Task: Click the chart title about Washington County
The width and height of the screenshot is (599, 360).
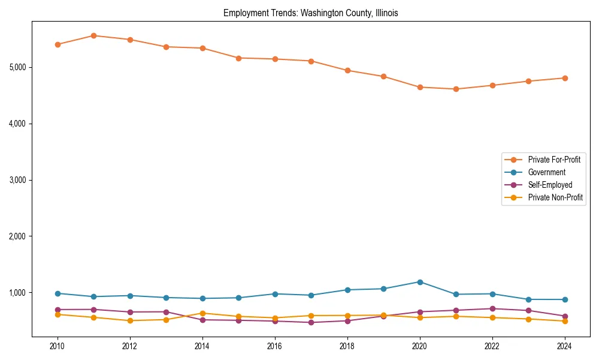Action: [310, 13]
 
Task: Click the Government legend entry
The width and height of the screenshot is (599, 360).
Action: [546, 172]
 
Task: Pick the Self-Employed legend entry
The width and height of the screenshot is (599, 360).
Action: [550, 185]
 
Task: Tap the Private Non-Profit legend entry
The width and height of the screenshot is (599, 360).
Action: [555, 197]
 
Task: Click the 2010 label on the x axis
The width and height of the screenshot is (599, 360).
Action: [58, 346]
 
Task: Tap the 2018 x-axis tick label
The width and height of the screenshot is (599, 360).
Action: [347, 346]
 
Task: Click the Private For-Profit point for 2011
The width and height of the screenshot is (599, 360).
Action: [94, 35]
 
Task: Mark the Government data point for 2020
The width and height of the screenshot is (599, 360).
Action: [420, 282]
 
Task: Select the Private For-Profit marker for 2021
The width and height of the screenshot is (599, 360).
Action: [456, 89]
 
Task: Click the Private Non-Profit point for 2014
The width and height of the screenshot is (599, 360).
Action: [202, 313]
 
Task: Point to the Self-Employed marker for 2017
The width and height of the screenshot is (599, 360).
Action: [311, 322]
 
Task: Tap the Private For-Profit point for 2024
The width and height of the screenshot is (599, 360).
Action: [565, 78]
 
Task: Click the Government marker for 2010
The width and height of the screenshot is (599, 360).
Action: [58, 293]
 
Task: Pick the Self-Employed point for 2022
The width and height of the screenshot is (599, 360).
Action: [492, 308]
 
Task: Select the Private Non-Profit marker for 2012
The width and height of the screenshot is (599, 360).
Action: [130, 320]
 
